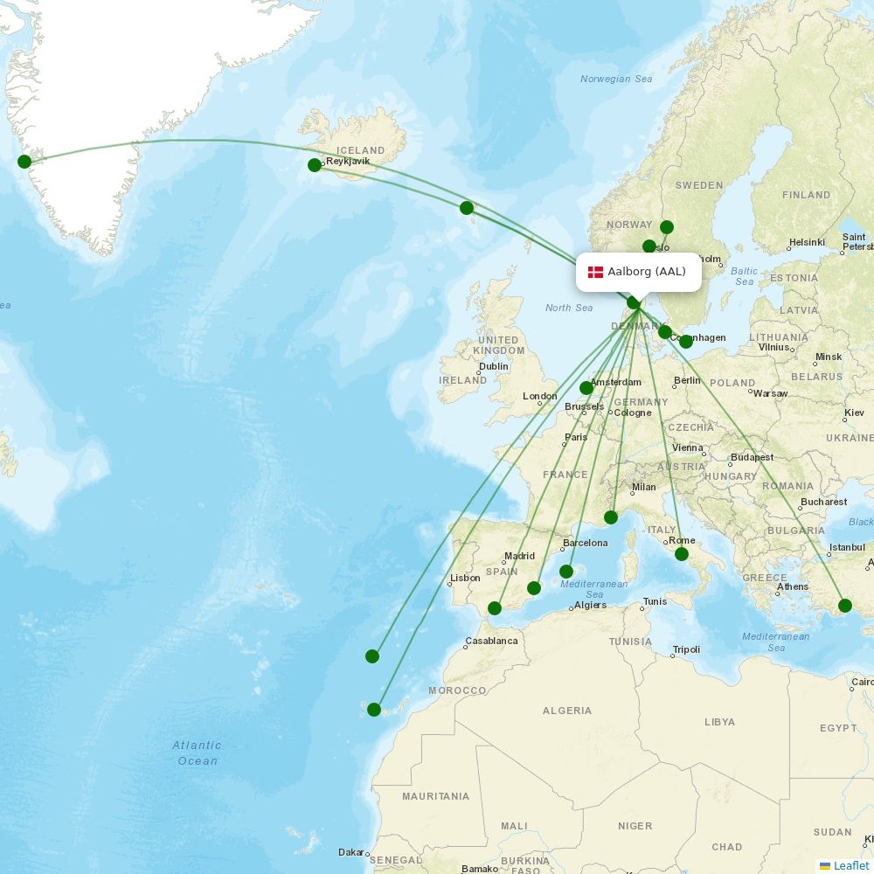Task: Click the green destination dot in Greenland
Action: [x=24, y=161]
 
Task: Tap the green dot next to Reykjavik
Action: [x=315, y=165]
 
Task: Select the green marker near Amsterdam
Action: [x=586, y=388]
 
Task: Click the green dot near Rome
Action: [x=682, y=554]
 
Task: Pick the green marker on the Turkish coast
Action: [x=845, y=606]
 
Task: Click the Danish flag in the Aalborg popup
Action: [x=595, y=272]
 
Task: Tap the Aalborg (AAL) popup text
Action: [x=647, y=272]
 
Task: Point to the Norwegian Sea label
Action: [x=616, y=79]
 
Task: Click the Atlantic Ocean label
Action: [x=197, y=753]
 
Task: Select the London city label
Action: [x=540, y=396]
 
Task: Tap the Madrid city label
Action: [x=519, y=556]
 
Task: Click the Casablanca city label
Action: [x=491, y=641]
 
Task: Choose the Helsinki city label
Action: [x=807, y=242]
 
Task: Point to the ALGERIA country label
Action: [x=567, y=711]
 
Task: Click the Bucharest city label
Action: [x=824, y=502]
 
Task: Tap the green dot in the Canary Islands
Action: [x=374, y=710]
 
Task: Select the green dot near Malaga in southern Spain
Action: [x=495, y=608]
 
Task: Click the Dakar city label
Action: [x=351, y=852]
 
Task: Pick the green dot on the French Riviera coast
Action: [x=611, y=517]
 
